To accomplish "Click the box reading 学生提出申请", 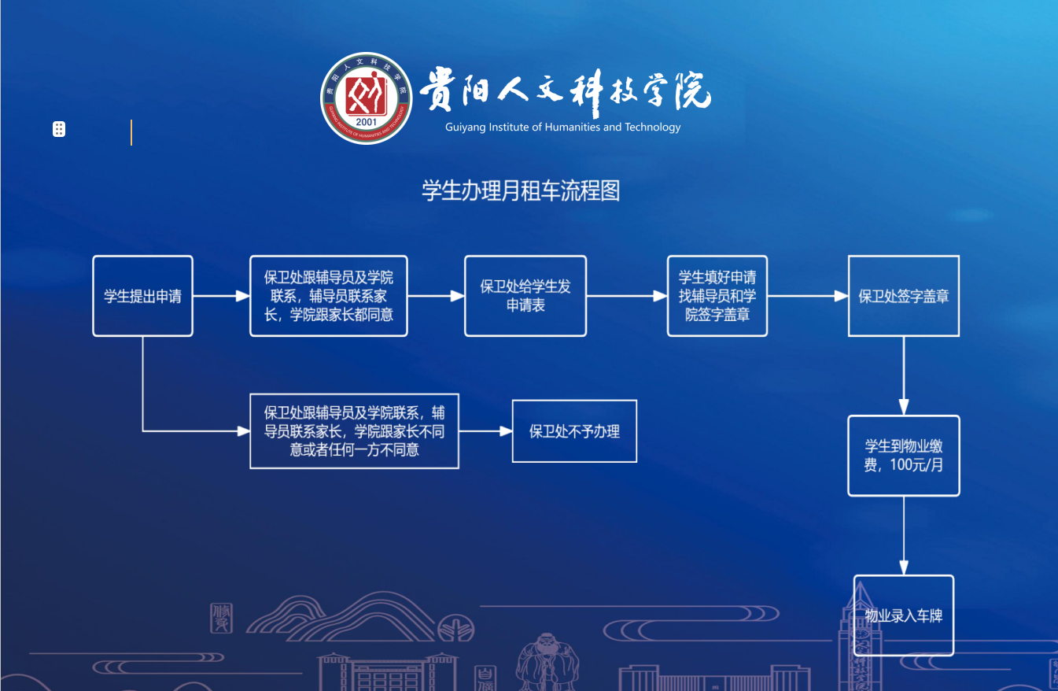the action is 142,297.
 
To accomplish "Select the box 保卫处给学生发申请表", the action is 525,297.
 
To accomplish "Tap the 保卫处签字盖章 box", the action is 904,297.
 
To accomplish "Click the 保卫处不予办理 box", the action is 574,431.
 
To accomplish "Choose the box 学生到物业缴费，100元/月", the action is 904,456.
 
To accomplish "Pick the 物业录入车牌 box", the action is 904,615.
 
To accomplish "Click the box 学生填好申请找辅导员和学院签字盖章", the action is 717,297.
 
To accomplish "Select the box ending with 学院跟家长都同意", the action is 329,297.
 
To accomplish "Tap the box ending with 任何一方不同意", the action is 354,431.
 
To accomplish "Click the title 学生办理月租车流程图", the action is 521,191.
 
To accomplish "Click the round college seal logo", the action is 366,98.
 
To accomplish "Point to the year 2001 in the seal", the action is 366,122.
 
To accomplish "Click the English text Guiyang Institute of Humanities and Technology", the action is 562,127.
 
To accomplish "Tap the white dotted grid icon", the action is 58,129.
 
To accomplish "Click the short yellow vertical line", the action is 131,132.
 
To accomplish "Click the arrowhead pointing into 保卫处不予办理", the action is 506,431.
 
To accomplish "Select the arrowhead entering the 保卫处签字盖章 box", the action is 841,297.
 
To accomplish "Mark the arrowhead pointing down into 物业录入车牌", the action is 904,567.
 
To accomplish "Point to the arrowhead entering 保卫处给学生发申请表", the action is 458,297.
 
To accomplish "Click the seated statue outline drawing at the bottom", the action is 547,662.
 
